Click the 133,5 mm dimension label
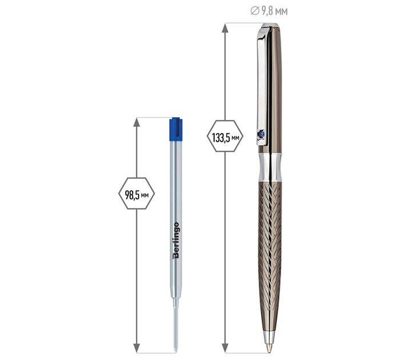226,138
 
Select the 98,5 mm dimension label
137,195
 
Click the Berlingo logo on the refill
176,241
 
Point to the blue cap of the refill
176,129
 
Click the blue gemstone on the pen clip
261,134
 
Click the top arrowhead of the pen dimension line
225,28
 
